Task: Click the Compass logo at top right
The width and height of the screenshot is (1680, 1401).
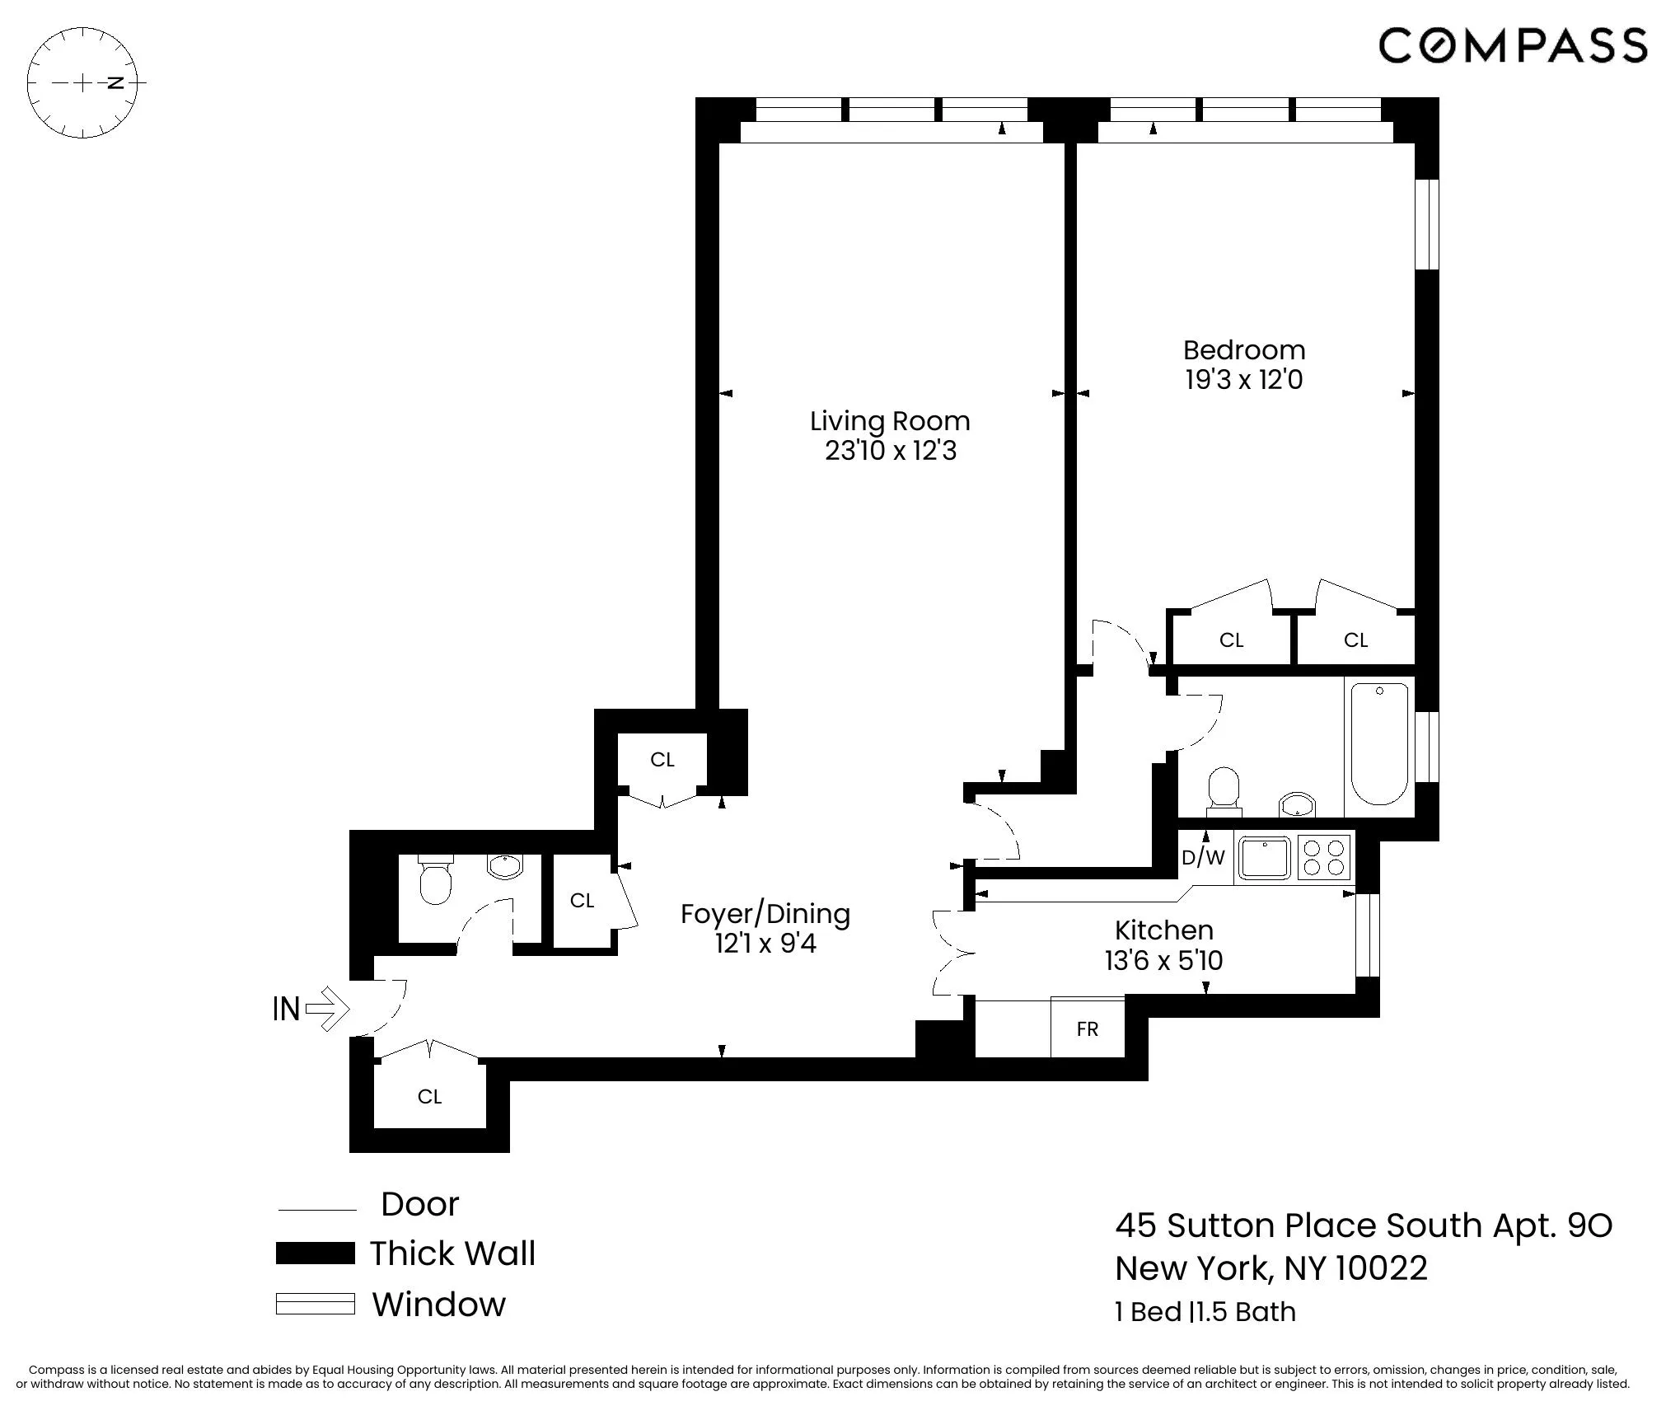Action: point(1513,45)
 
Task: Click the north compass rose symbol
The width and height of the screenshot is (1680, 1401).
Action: point(82,82)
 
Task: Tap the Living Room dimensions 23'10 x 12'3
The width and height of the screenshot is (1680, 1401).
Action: point(890,451)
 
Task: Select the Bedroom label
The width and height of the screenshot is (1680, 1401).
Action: point(1243,350)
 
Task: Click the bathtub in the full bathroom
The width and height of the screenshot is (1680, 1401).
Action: point(1378,743)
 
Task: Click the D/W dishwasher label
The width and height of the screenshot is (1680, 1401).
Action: point(1203,858)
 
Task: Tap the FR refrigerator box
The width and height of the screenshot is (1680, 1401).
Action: point(1087,1028)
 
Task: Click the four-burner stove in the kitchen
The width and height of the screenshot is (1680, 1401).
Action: point(1324,857)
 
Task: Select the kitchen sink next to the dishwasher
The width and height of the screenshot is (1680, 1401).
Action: point(1265,858)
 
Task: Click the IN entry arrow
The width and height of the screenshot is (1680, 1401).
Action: point(311,1009)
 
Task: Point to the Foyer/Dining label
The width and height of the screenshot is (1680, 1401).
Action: point(765,913)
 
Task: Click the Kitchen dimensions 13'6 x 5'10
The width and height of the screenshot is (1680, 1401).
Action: point(1163,960)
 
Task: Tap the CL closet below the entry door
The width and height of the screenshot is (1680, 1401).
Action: point(429,1096)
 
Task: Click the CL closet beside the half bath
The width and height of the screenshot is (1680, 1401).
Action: point(582,901)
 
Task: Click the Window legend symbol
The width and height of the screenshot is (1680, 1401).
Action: point(316,1304)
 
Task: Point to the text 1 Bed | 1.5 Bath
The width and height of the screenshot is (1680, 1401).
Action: point(1205,1311)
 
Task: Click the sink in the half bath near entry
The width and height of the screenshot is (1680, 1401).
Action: point(504,866)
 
